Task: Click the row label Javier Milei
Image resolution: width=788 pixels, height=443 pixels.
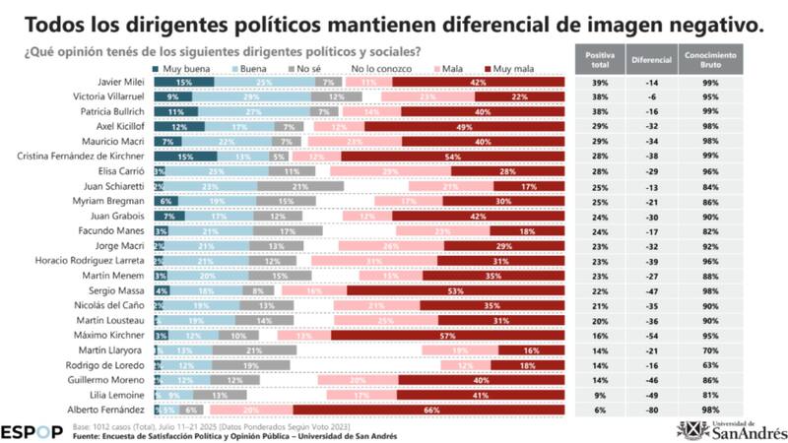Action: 120,81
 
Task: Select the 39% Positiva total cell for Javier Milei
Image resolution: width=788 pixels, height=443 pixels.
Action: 599,81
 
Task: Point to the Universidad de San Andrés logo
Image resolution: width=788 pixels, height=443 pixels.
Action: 730,428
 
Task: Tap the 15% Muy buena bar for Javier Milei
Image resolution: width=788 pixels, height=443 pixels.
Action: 184,81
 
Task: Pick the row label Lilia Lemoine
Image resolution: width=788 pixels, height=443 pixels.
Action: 121,394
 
